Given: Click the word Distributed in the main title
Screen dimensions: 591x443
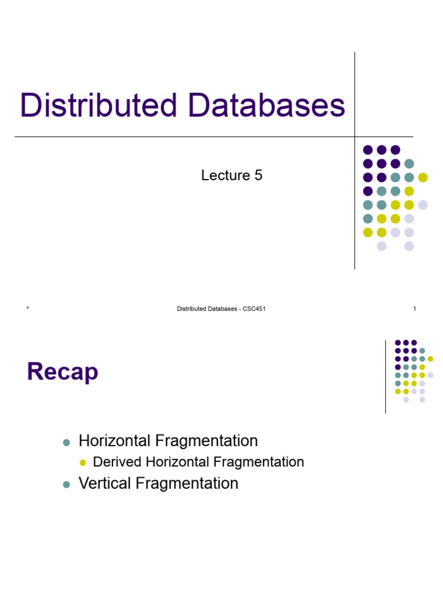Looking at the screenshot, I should [x=99, y=106].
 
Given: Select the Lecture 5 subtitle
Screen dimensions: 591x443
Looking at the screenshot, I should [x=231, y=175].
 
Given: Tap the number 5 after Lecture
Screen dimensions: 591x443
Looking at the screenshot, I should [x=258, y=175].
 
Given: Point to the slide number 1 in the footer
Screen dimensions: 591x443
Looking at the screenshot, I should [x=414, y=309].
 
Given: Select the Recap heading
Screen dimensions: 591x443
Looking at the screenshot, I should [x=62, y=372].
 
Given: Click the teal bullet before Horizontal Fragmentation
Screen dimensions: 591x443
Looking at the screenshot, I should [x=66, y=443].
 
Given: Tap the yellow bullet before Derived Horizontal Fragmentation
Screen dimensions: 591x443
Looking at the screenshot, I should [x=82, y=463].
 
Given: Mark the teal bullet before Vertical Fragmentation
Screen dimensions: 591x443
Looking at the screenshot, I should [x=66, y=485].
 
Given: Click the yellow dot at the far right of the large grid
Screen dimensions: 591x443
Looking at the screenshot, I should [x=423, y=177].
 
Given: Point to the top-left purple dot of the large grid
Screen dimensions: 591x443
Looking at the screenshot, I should [x=367, y=149].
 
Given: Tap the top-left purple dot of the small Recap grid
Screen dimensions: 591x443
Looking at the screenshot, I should [x=397, y=343].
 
